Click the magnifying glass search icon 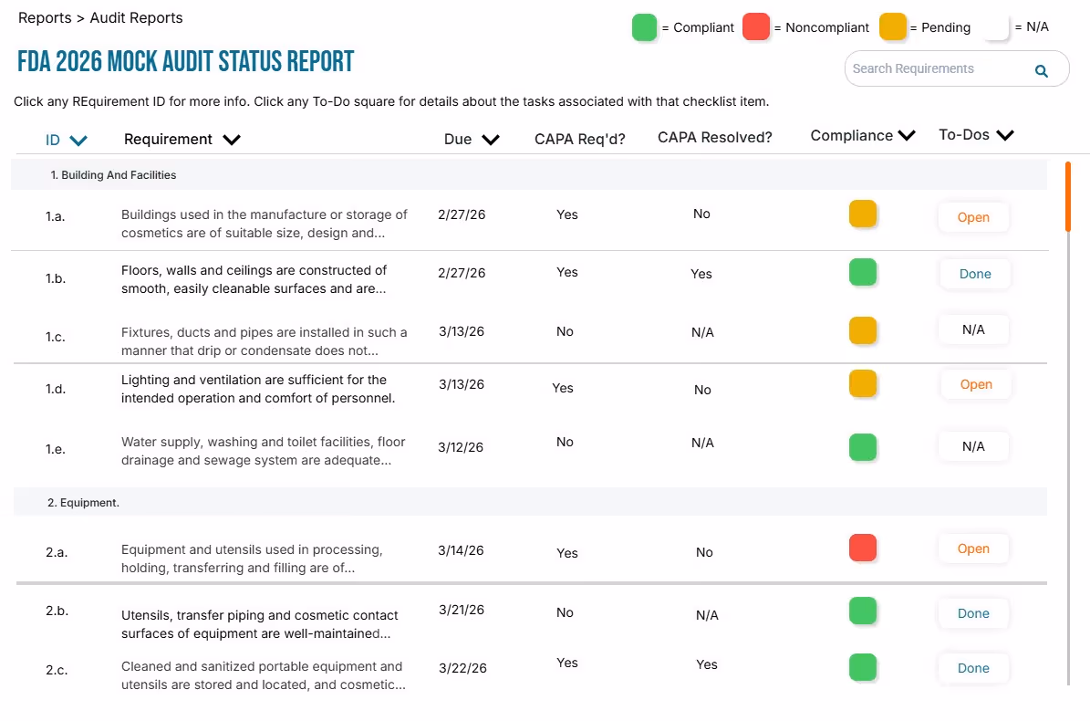(1041, 71)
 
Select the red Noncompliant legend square (756, 27)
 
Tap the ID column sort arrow (78, 141)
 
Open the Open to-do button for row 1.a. (973, 218)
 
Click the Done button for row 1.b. (975, 274)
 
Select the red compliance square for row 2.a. (862, 548)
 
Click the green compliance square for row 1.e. (862, 447)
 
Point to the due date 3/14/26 (461, 550)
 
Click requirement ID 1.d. (56, 389)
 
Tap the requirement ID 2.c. (57, 670)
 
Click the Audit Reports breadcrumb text (136, 18)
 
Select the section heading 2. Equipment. (83, 503)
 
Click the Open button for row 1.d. (976, 385)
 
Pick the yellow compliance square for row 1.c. (862, 330)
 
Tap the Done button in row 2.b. (973, 614)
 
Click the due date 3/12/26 (461, 447)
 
